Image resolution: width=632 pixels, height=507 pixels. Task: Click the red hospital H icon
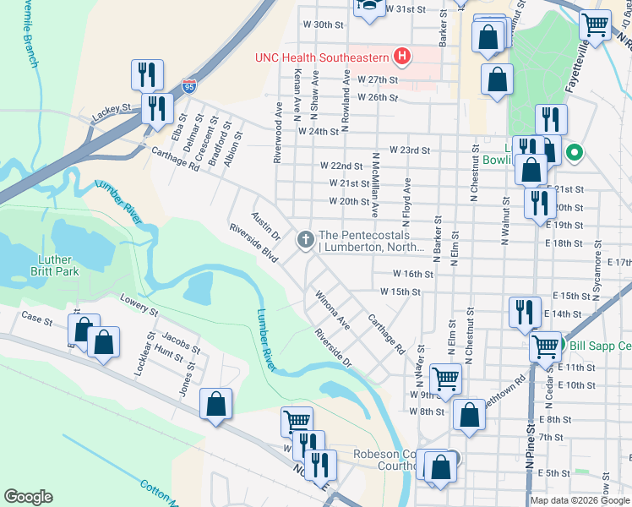pyautogui.click(x=403, y=57)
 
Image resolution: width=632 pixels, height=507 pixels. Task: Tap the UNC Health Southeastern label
pyautogui.click(x=323, y=58)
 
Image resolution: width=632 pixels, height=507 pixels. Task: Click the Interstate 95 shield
pyautogui.click(x=188, y=86)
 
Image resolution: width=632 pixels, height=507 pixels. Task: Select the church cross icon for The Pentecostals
pyautogui.click(x=305, y=241)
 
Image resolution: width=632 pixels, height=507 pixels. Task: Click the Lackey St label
pyautogui.click(x=112, y=109)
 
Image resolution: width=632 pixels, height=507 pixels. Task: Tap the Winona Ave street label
pyautogui.click(x=333, y=310)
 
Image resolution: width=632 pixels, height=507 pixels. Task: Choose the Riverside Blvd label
pyautogui.click(x=253, y=243)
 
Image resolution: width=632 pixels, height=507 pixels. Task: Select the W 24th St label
pyautogui.click(x=318, y=132)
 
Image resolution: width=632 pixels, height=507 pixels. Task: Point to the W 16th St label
pyautogui.click(x=413, y=275)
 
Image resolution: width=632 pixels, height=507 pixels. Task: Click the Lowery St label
pyautogui.click(x=139, y=304)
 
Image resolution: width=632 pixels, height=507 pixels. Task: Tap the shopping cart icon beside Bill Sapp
pyautogui.click(x=546, y=345)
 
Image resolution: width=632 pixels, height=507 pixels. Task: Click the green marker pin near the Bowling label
pyautogui.click(x=575, y=153)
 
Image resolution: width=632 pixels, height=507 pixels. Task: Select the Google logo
pyautogui.click(x=28, y=497)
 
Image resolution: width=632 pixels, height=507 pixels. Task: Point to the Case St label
pyautogui.click(x=37, y=319)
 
